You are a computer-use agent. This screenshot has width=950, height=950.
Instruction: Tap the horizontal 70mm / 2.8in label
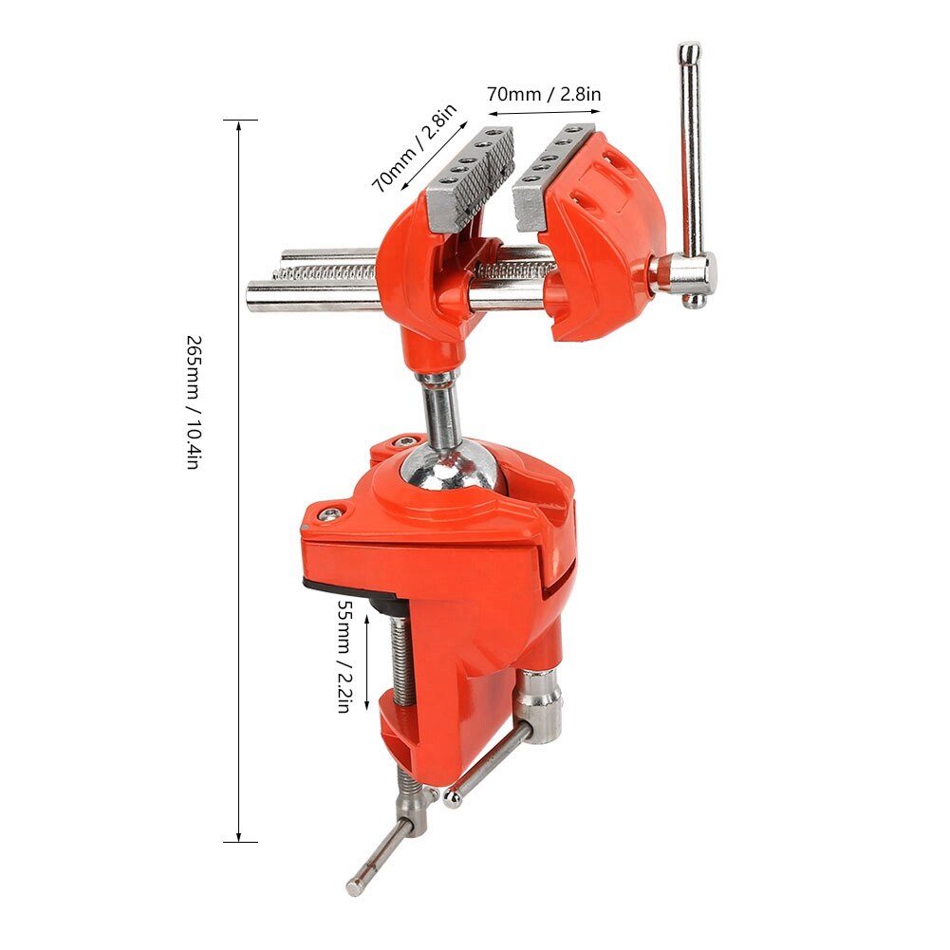tap(544, 94)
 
